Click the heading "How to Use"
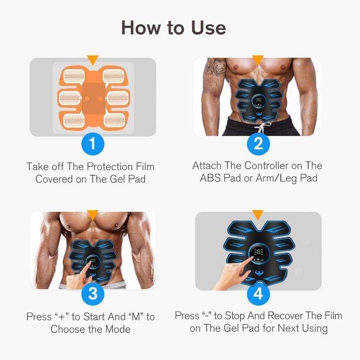(173, 27)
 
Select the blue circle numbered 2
(258, 143)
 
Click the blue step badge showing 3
(93, 294)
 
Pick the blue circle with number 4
(258, 294)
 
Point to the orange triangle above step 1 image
(93, 61)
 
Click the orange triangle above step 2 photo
(258, 60)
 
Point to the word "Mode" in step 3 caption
(118, 329)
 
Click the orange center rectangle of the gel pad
(93, 96)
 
